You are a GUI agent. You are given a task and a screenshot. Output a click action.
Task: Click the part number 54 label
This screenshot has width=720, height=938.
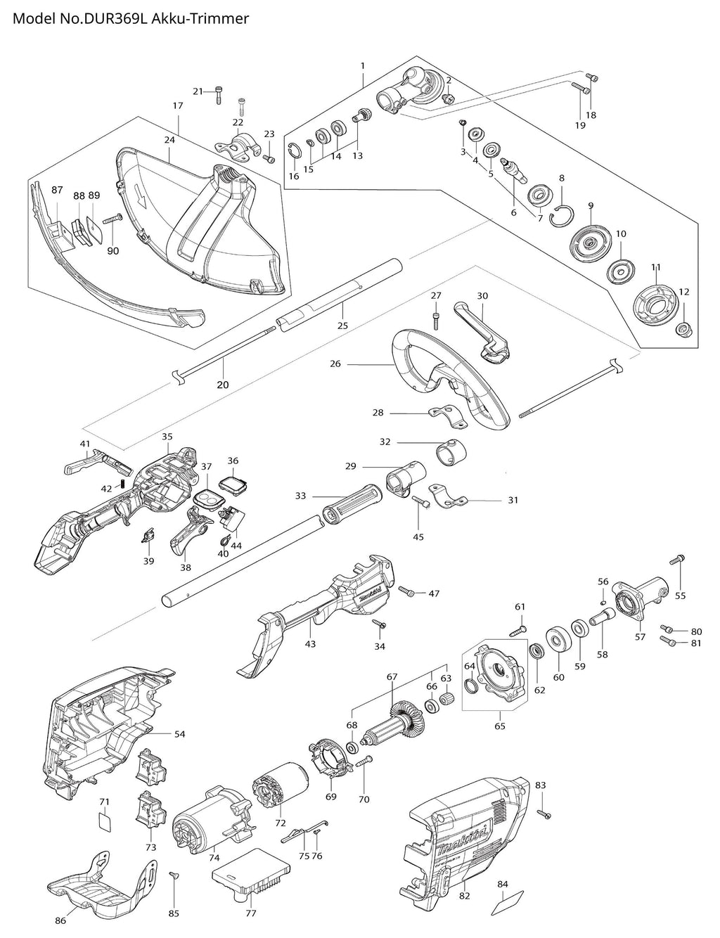[179, 734]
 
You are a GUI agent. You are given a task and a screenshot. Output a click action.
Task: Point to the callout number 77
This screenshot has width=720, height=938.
[251, 910]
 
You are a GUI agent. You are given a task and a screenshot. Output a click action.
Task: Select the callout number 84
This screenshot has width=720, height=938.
[502, 869]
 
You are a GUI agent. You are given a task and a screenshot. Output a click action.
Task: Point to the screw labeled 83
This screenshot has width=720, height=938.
[544, 814]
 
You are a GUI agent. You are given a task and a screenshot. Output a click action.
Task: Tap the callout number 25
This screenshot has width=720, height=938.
[342, 326]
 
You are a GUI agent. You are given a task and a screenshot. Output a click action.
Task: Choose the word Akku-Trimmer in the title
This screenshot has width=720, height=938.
[200, 19]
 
